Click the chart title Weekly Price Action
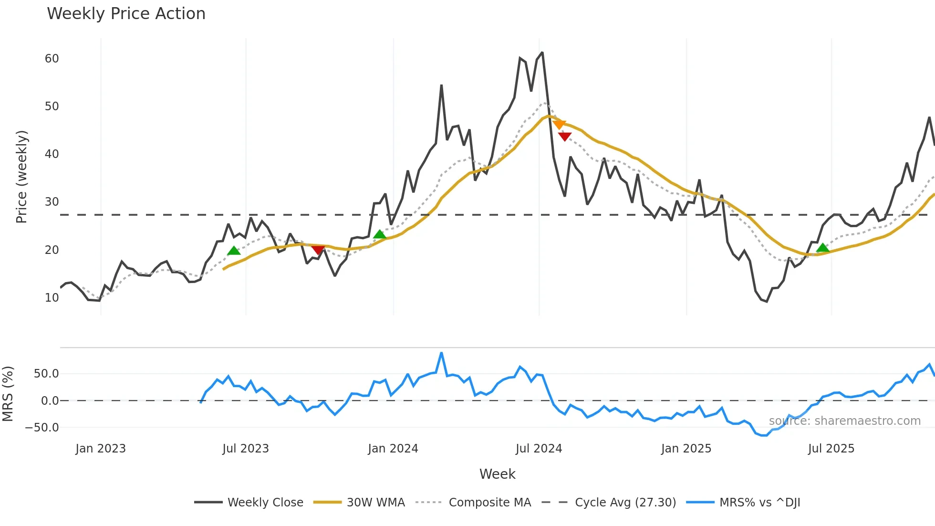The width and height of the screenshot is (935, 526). click(x=126, y=14)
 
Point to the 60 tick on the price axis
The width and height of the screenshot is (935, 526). click(x=52, y=59)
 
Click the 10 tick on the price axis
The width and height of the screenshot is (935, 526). click(x=52, y=298)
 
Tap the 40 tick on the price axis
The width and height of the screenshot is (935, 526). click(x=52, y=154)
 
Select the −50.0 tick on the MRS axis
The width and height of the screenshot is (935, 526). click(x=42, y=428)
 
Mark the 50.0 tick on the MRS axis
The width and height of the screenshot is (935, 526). click(x=46, y=374)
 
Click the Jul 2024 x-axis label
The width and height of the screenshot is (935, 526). click(x=539, y=449)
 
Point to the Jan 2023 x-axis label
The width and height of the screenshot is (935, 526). click(x=101, y=449)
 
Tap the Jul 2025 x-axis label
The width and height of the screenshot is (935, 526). click(x=831, y=449)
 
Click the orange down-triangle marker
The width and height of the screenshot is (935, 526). click(x=559, y=125)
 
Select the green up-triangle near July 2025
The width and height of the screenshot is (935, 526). click(x=822, y=248)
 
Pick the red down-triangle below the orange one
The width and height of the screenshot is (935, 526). click(x=565, y=137)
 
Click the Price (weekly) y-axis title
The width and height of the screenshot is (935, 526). click(x=21, y=177)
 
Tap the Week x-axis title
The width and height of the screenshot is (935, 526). click(x=497, y=474)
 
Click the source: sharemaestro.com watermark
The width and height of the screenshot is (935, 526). click(x=844, y=421)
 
